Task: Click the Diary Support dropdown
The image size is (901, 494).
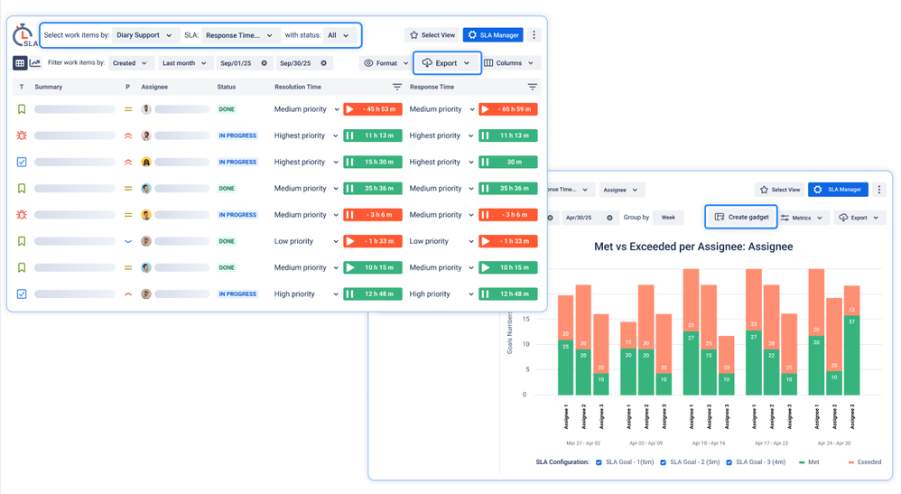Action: [144, 35]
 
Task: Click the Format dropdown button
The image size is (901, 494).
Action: [385, 63]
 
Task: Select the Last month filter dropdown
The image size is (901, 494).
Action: [185, 63]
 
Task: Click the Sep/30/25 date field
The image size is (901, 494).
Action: [302, 63]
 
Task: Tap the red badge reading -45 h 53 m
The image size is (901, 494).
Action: [372, 109]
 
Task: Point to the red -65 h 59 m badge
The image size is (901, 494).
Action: [508, 109]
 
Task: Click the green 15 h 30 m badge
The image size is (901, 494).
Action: [372, 163]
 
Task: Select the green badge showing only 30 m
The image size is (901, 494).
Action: [508, 163]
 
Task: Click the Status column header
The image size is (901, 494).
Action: [227, 88]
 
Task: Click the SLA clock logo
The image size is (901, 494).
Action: [23, 35]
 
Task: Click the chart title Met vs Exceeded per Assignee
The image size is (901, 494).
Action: [693, 247]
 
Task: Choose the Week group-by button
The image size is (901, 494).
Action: [668, 218]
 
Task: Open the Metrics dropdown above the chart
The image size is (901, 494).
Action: [802, 218]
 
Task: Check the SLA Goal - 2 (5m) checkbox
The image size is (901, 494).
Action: [664, 462]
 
